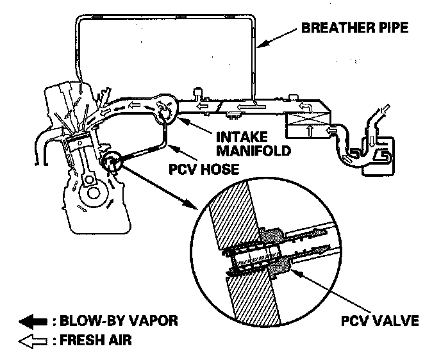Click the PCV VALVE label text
[x=379, y=320]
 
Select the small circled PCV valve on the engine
[x=111, y=161]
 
